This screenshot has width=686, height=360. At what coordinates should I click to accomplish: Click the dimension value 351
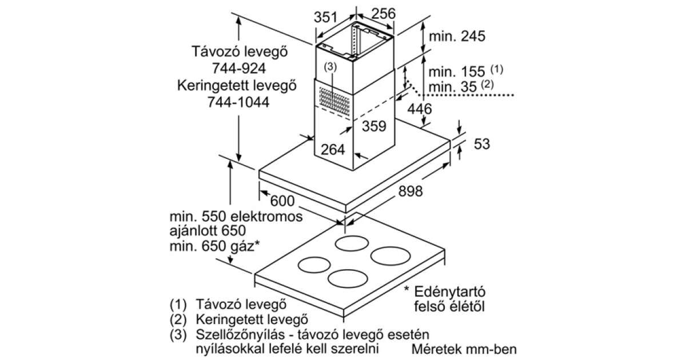(x=325, y=17)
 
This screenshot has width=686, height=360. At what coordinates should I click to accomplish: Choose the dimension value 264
(x=333, y=150)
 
